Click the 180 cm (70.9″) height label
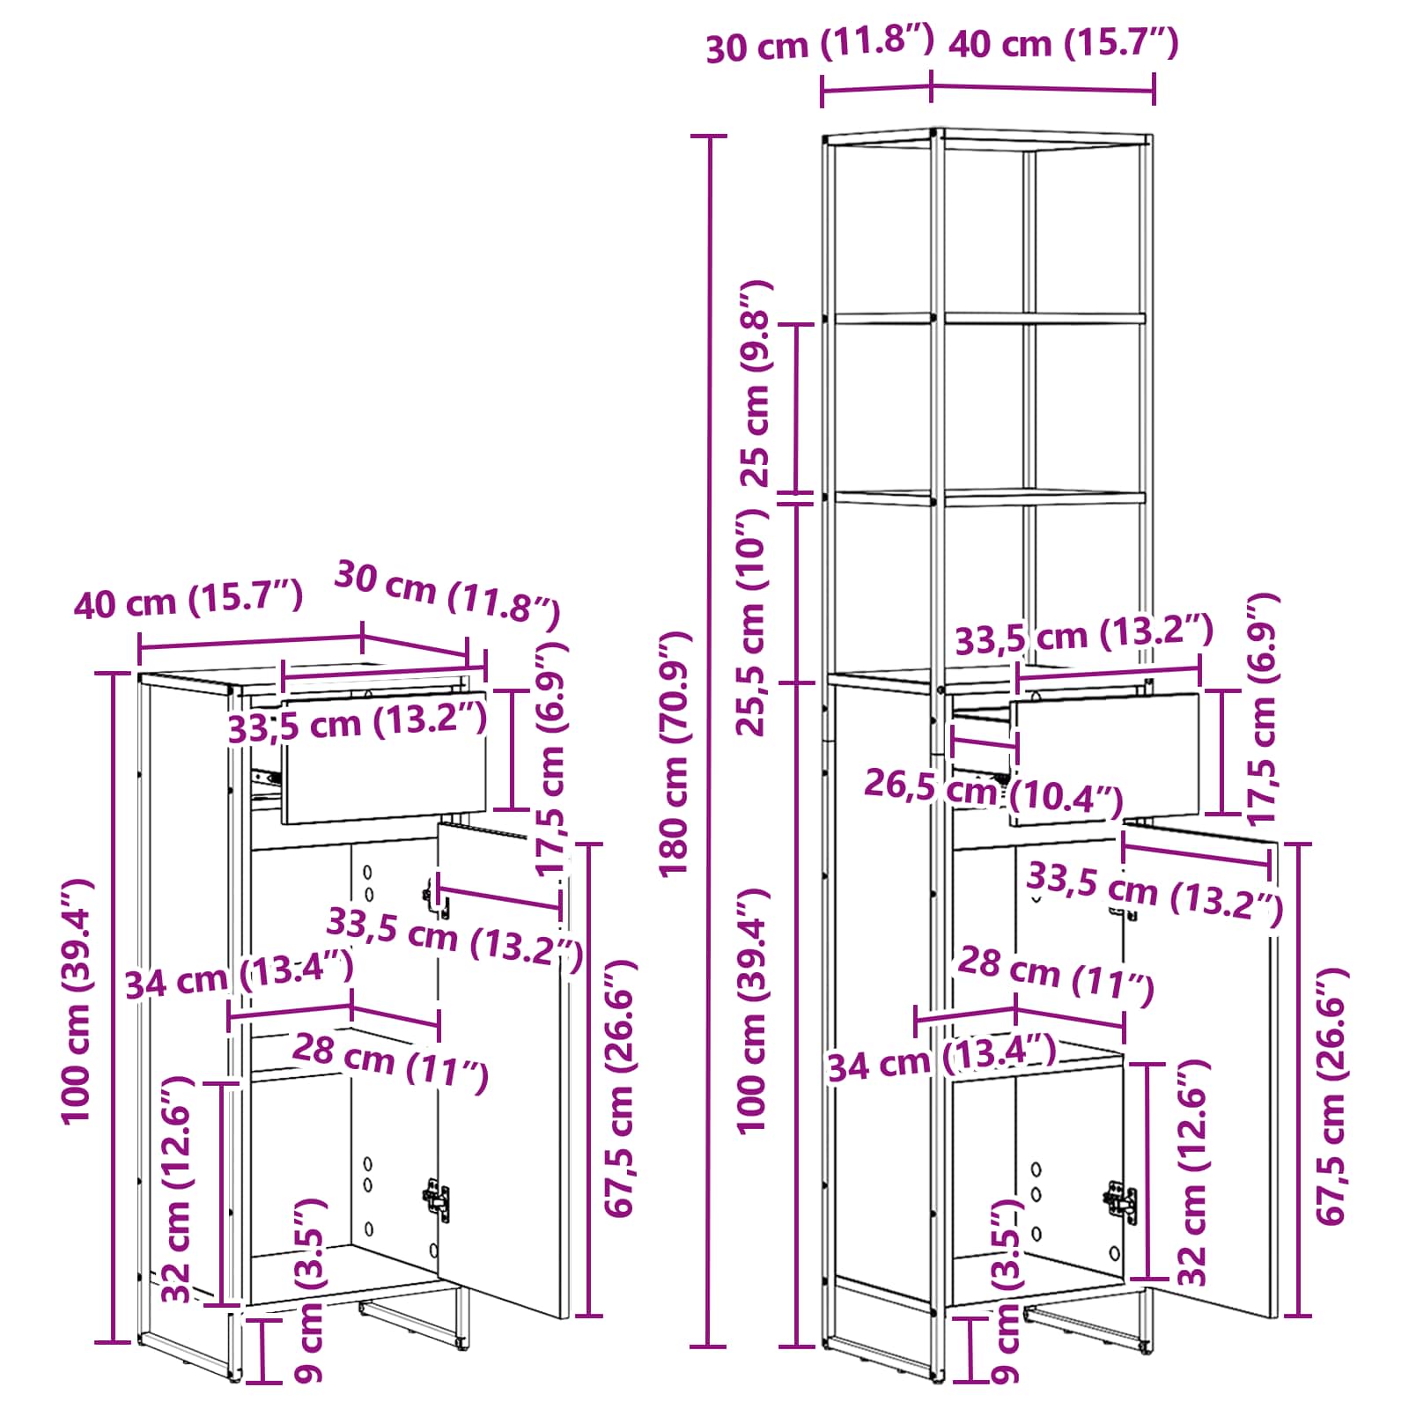tap(677, 754)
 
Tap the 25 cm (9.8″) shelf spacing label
tap(756, 384)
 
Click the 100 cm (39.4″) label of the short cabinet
tap(77, 1000)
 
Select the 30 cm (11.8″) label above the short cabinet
tap(447, 595)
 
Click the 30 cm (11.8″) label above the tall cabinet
tap(819, 44)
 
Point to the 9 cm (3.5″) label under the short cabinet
tap(309, 1289)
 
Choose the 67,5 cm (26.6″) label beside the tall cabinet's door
tap(1331, 1095)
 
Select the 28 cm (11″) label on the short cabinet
tap(390, 1061)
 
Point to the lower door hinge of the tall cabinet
tap(1121, 1201)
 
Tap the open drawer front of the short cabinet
tap(384, 757)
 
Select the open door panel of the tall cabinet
tap(1200, 1066)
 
